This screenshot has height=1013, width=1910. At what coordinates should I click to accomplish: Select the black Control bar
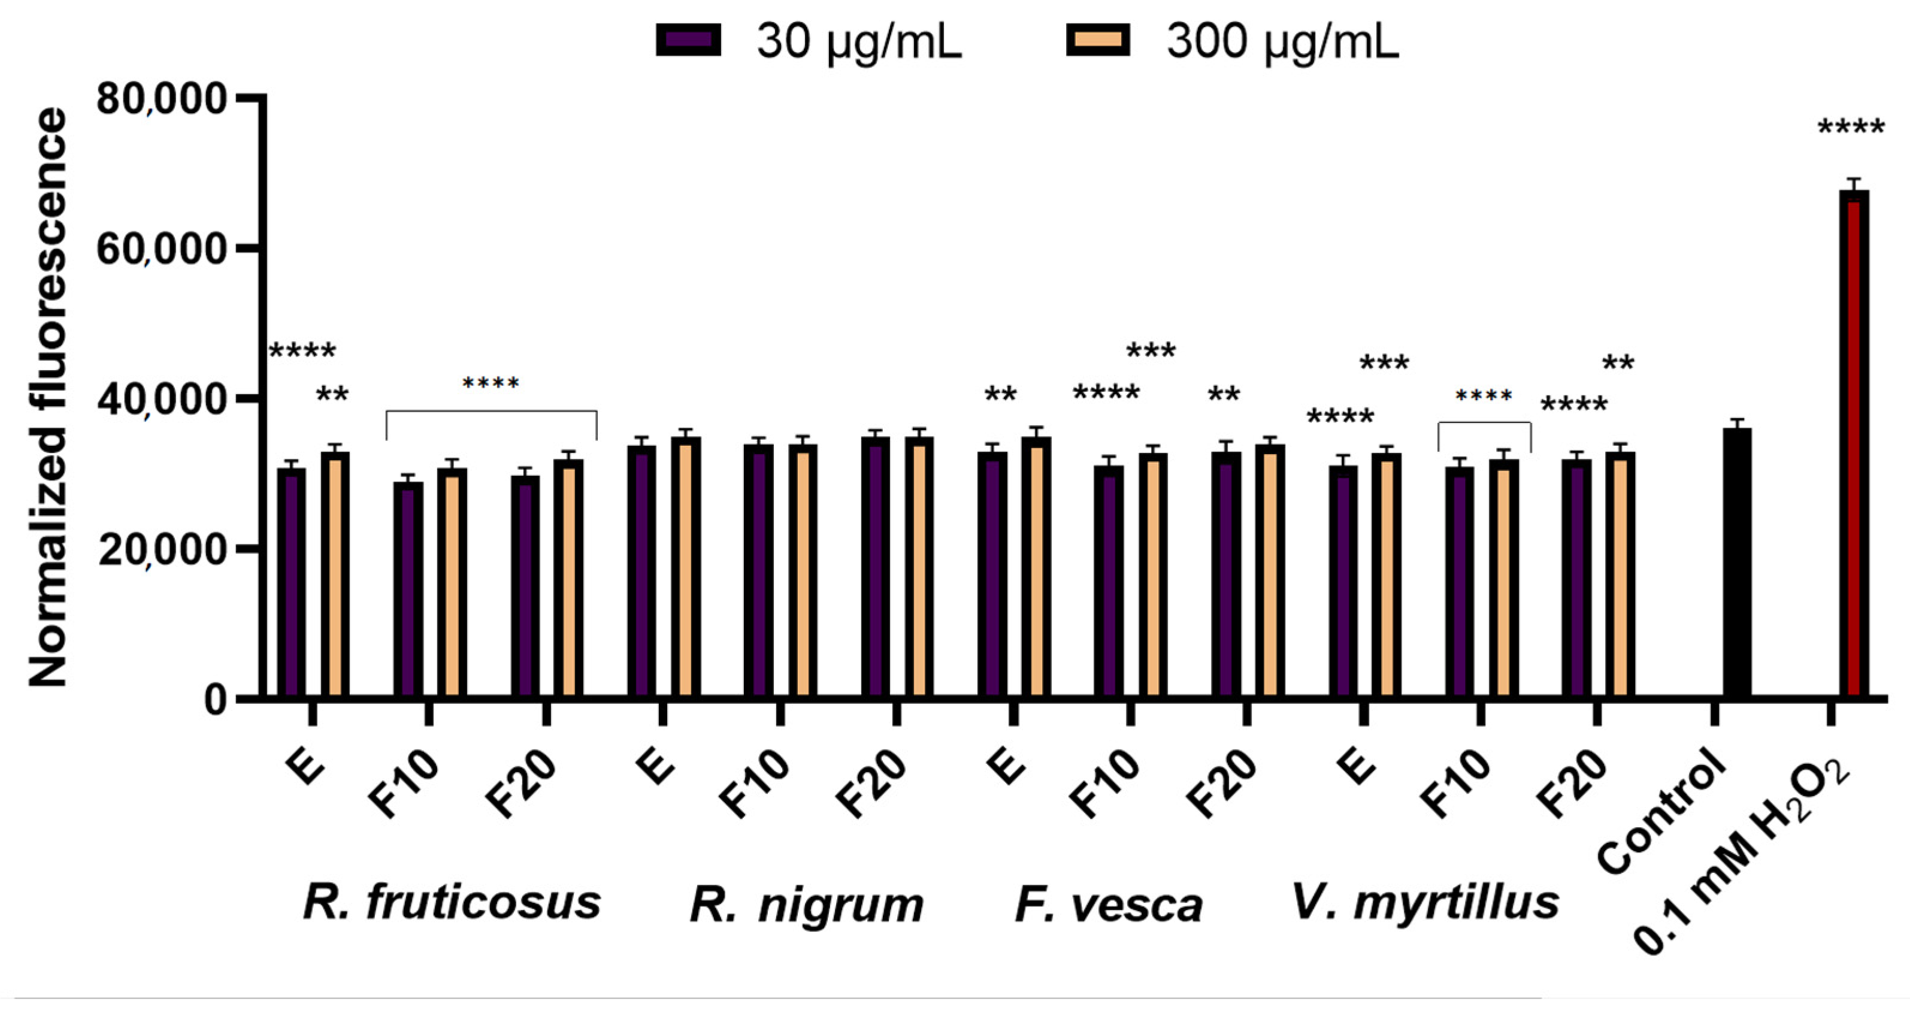[1736, 564]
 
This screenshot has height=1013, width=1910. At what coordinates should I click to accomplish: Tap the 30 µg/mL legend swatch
[688, 40]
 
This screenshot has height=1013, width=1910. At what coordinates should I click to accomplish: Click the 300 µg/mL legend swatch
[1098, 40]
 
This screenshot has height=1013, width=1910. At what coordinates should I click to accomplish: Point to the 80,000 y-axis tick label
[161, 99]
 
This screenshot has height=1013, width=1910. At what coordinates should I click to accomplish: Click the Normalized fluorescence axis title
[47, 397]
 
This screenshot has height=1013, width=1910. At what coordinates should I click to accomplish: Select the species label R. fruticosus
[452, 903]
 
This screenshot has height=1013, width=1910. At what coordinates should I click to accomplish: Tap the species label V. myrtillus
[1425, 903]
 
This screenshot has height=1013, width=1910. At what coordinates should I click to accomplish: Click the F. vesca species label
[1109, 905]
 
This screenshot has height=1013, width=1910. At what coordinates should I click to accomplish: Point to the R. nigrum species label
[807, 905]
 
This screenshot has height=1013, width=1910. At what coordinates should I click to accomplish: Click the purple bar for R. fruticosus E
[292, 582]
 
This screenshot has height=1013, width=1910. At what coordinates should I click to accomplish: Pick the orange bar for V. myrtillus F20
[1620, 574]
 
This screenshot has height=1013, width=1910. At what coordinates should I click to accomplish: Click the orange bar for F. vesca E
[1036, 567]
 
